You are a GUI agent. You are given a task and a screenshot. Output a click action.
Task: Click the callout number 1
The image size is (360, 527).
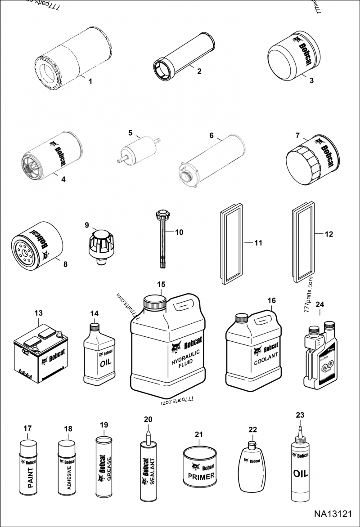coord(90,81)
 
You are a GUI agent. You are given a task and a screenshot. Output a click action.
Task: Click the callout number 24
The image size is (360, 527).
coord(319,304)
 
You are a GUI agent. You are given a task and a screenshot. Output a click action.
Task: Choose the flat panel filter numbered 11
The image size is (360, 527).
coord(233,244)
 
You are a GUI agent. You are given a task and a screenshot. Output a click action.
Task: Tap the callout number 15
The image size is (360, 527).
coord(161,284)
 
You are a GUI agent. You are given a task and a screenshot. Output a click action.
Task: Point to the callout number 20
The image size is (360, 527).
coord(148,419)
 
